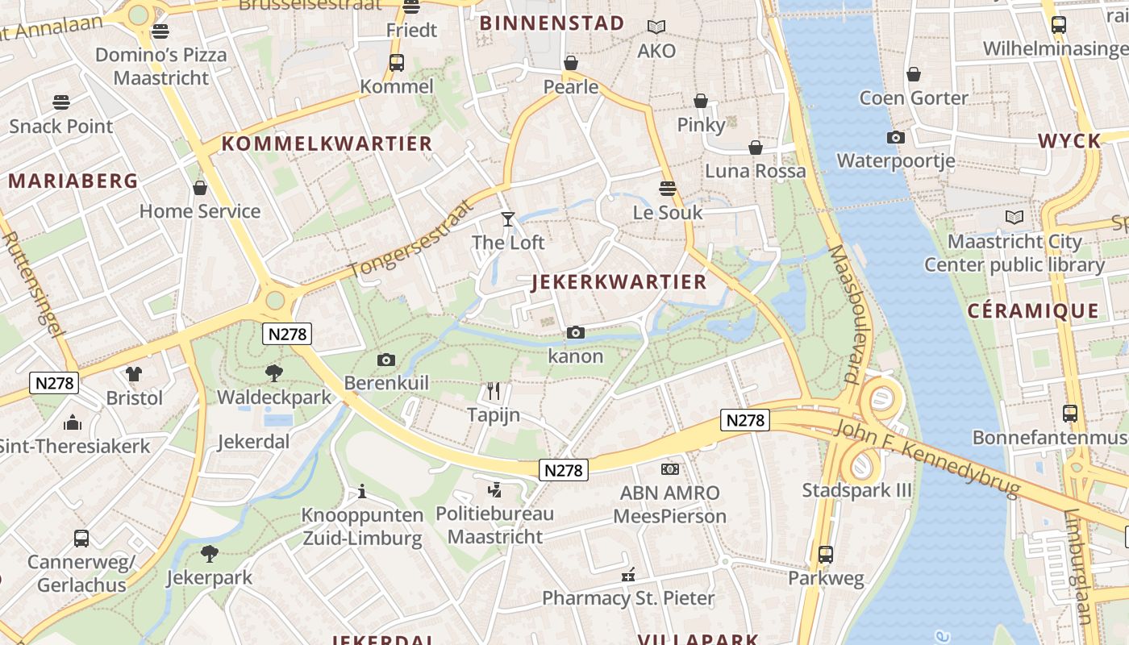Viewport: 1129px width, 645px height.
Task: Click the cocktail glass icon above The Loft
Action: point(507,218)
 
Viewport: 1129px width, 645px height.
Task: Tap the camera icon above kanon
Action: point(575,332)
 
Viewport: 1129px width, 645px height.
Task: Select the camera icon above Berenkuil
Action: point(386,360)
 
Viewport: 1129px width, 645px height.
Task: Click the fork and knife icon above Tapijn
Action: point(494,391)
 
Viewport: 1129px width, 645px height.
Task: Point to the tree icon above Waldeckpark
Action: point(274,373)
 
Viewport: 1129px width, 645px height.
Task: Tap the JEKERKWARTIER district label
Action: point(619,282)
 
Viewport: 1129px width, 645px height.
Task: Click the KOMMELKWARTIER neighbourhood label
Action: point(327,144)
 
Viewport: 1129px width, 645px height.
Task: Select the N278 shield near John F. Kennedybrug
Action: point(745,420)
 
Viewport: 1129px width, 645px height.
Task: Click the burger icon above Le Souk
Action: point(667,189)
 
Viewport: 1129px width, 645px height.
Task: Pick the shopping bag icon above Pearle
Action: point(571,63)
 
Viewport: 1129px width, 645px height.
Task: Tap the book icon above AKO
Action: point(656,27)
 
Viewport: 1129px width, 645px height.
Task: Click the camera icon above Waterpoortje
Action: point(895,137)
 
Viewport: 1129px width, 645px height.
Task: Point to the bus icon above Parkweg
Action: point(825,555)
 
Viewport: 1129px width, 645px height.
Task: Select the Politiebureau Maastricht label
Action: point(495,525)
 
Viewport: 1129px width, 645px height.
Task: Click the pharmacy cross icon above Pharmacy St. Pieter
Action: point(628,575)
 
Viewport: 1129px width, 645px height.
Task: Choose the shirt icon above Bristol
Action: point(134,374)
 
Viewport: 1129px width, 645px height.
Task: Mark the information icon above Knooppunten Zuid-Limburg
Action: point(362,491)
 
